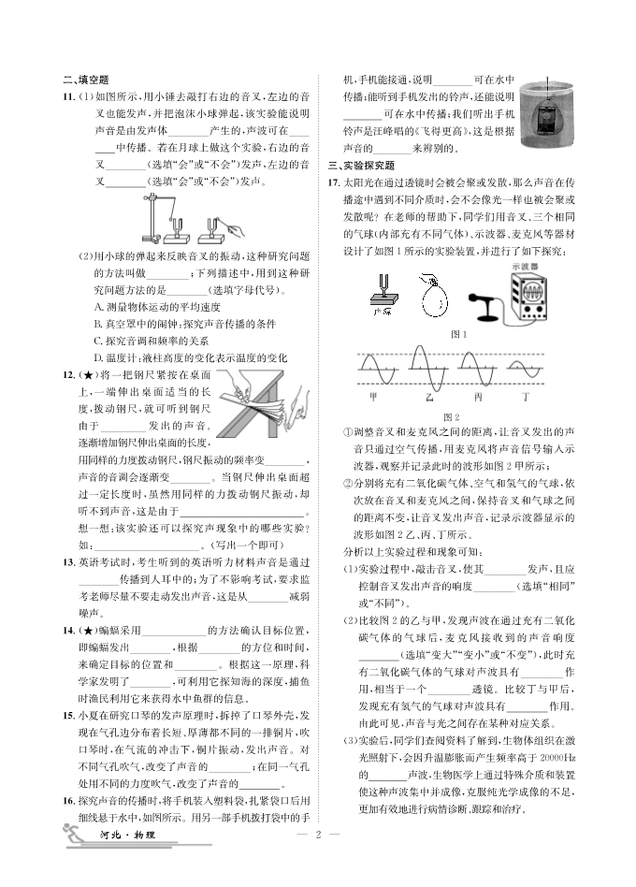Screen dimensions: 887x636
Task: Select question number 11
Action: point(68,96)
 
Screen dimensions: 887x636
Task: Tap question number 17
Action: point(333,182)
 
